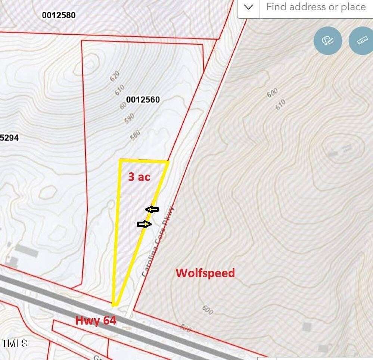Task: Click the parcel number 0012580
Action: [x=59, y=15]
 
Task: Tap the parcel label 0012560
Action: [x=143, y=100]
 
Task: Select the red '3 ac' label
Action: [x=139, y=176]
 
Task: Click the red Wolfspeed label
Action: [x=205, y=273]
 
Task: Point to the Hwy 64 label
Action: [x=96, y=320]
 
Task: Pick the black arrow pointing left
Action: [x=152, y=210]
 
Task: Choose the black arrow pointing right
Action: [x=144, y=224]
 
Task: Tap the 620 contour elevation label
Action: [x=114, y=76]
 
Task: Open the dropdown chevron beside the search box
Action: [x=249, y=7]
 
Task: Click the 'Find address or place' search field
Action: [x=316, y=7]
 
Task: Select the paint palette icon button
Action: [x=328, y=41]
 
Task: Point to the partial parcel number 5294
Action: [x=9, y=138]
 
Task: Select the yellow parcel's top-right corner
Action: [x=168, y=162]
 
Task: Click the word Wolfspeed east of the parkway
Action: [x=205, y=273]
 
